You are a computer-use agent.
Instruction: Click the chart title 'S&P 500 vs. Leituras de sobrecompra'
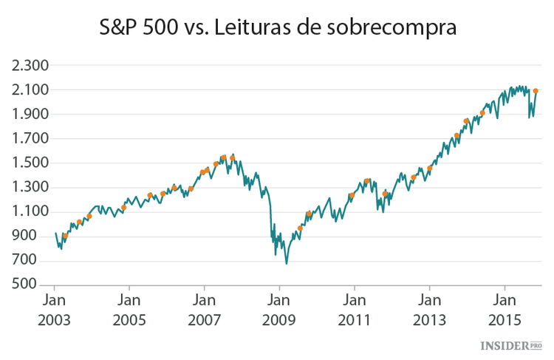coord(278,29)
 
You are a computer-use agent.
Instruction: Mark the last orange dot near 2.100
coord(536,91)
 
